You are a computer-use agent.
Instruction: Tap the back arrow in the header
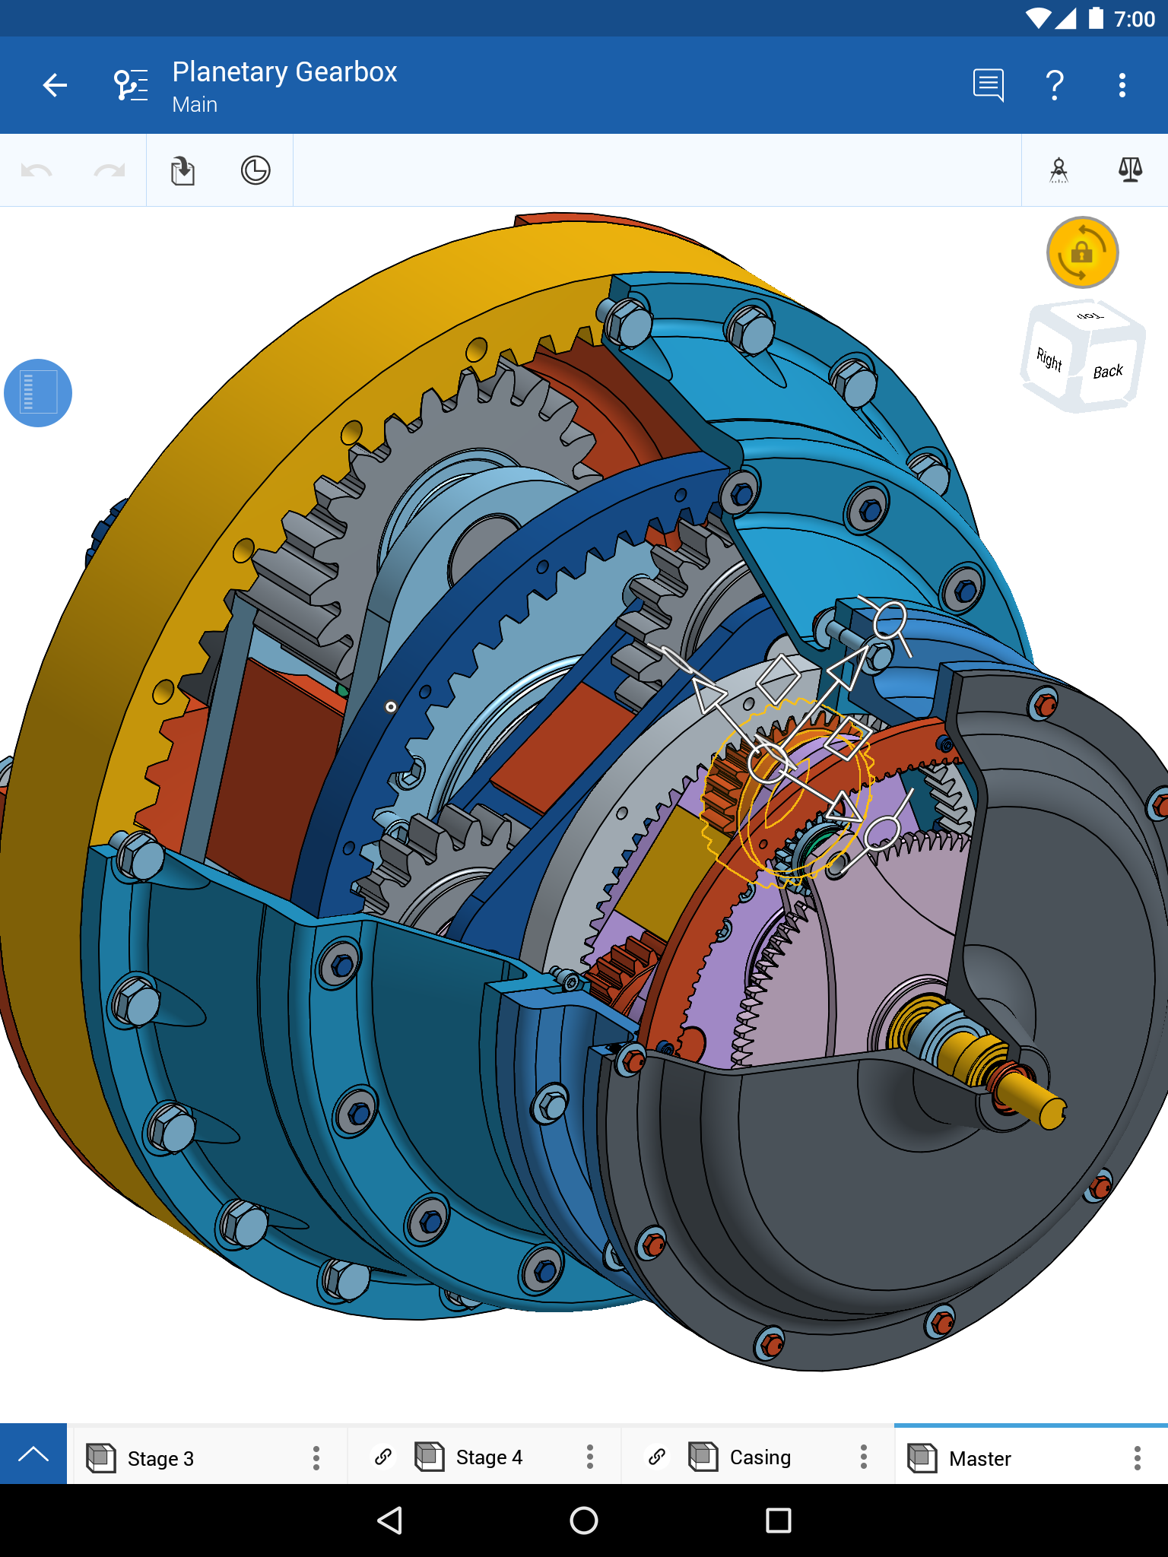[55, 85]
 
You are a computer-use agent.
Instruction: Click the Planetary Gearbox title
[284, 72]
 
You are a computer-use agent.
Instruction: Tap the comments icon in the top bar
[988, 85]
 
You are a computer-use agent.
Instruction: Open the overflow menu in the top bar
[1122, 85]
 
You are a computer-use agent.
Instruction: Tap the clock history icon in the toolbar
[255, 170]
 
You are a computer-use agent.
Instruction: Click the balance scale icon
[1130, 170]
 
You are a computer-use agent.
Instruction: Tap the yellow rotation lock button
[1082, 252]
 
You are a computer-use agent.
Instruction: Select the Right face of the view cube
[1049, 359]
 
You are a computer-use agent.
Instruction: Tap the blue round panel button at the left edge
[38, 393]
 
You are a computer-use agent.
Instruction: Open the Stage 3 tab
[161, 1458]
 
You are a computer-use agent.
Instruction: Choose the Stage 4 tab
[489, 1457]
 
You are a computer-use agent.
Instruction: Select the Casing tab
[760, 1457]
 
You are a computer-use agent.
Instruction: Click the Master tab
[979, 1458]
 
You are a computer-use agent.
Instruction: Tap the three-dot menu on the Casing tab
[863, 1457]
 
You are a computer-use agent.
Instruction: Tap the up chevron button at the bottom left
[33, 1454]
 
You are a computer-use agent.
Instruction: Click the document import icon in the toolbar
[182, 170]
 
